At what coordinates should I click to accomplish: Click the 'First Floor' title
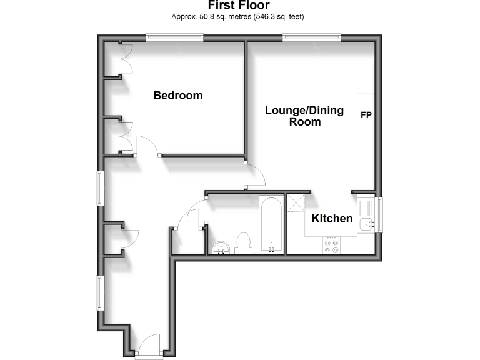click(x=239, y=6)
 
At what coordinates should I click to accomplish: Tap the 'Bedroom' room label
click(x=178, y=96)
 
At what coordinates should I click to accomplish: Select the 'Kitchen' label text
click(x=332, y=219)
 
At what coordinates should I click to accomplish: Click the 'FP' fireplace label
click(x=366, y=116)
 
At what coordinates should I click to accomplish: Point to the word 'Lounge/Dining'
click(x=304, y=111)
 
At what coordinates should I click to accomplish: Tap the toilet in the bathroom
click(x=243, y=243)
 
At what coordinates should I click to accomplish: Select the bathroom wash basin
click(x=221, y=248)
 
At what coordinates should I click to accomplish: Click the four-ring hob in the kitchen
click(x=331, y=246)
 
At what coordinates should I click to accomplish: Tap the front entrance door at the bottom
click(x=149, y=346)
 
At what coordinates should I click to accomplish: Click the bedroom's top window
click(x=174, y=38)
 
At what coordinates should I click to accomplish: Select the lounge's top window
click(x=312, y=38)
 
